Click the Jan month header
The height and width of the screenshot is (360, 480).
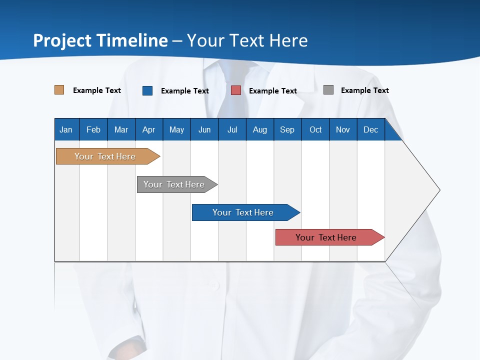(66, 129)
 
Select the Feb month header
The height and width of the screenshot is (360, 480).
(93, 129)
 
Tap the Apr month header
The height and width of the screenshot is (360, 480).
(148, 129)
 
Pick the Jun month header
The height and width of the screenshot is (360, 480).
(204, 129)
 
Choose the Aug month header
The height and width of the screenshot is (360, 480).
(259, 129)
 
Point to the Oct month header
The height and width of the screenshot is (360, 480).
(315, 129)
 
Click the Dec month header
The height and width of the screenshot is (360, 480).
(370, 129)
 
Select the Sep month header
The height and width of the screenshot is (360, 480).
(287, 129)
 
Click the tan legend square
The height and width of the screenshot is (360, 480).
(59, 90)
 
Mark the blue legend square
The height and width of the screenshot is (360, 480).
(147, 90)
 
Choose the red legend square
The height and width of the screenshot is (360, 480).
(236, 90)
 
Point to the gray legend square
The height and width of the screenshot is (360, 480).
(328, 90)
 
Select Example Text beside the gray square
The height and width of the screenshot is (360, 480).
(364, 90)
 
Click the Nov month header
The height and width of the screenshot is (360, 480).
(343, 129)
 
